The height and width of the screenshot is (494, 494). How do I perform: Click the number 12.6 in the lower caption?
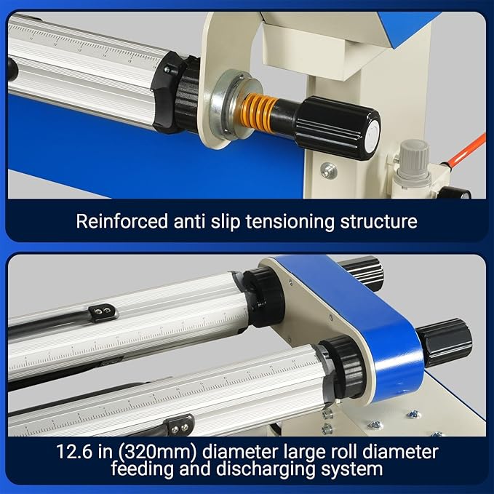[x=74, y=452]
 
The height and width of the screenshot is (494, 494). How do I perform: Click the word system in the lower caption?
[x=354, y=469]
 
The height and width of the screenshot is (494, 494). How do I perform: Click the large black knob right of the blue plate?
[x=444, y=342]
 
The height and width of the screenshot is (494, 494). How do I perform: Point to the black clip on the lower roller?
[x=179, y=423]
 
